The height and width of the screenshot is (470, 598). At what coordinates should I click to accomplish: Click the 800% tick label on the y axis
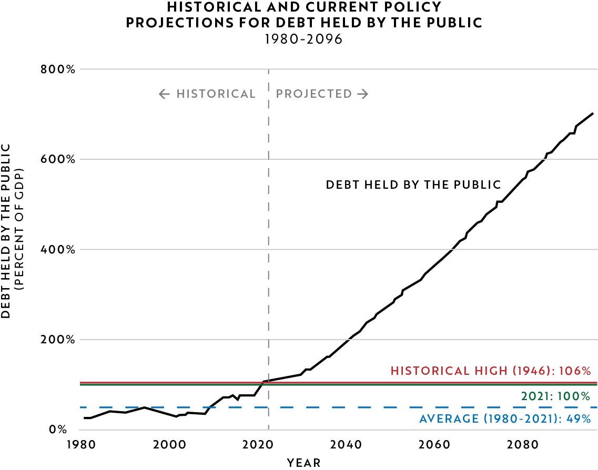[58, 69]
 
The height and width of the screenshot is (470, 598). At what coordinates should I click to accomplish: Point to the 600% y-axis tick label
[58, 159]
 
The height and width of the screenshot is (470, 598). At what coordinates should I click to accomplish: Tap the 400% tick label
[58, 249]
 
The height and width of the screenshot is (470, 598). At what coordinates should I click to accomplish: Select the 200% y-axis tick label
[58, 340]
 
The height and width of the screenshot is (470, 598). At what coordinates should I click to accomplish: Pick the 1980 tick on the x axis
[82, 444]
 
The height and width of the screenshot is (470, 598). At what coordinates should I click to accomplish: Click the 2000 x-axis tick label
[170, 444]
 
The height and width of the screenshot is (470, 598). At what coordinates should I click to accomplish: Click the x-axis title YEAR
[303, 463]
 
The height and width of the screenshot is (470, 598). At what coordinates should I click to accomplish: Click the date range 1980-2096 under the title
[304, 39]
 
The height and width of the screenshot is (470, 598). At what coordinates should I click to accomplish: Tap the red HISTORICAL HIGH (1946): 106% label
[491, 371]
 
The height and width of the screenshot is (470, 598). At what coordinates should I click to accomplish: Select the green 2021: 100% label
[555, 396]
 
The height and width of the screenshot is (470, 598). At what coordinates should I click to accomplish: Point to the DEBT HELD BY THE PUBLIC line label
[413, 185]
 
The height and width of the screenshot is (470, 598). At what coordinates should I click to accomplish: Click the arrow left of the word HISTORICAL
[164, 94]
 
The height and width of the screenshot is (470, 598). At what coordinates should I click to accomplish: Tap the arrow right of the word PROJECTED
[362, 94]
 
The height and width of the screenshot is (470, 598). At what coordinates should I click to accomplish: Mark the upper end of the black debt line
[593, 113]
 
